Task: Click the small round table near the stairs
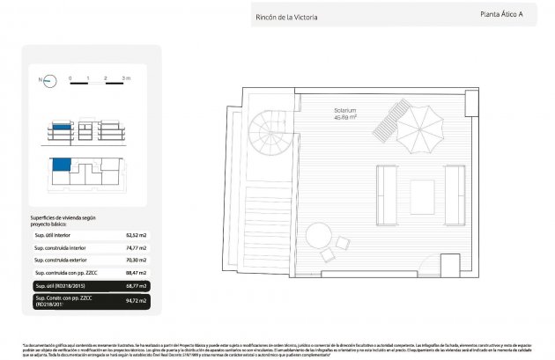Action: (x=318, y=235)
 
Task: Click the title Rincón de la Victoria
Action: (x=285, y=17)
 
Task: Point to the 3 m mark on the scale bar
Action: (x=126, y=79)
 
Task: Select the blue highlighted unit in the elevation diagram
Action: (x=59, y=128)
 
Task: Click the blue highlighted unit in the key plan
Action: (x=60, y=165)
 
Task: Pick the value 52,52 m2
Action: (x=137, y=235)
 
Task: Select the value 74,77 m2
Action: (x=137, y=248)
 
